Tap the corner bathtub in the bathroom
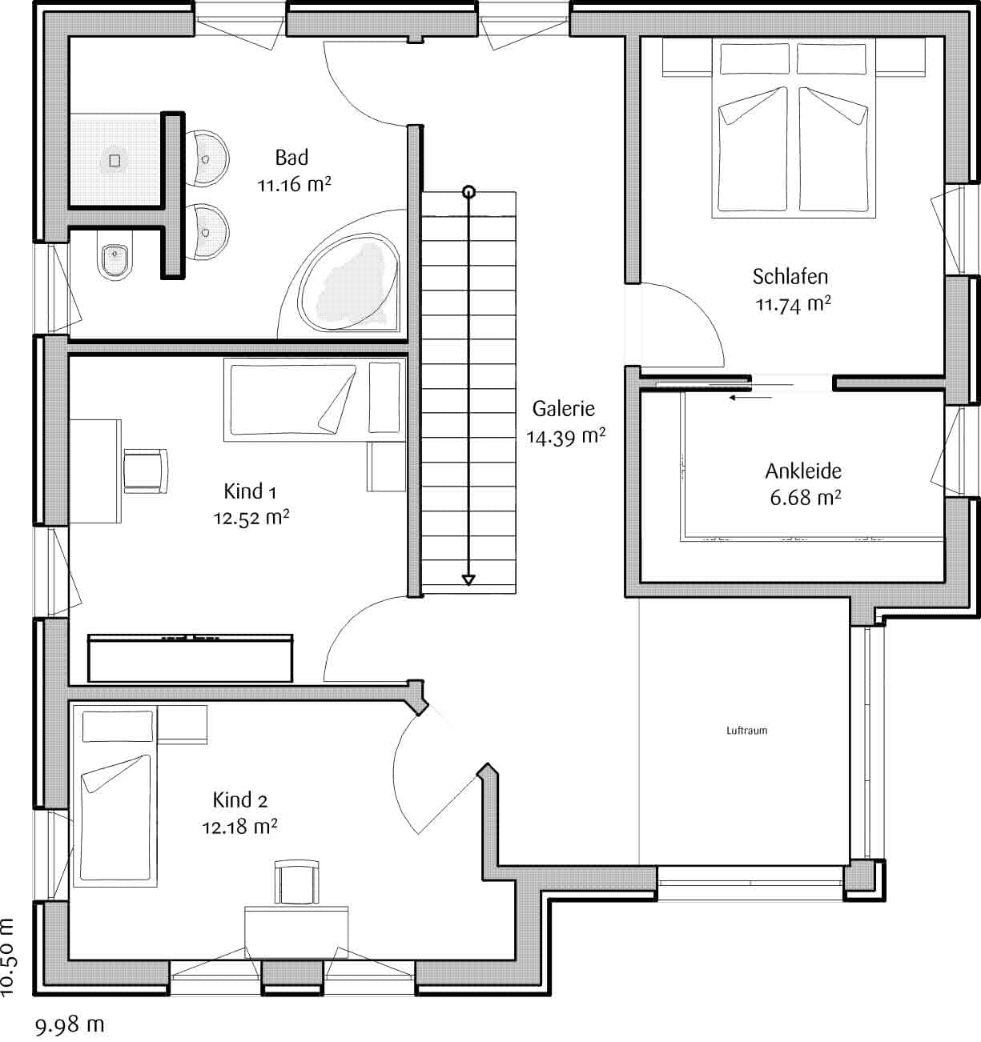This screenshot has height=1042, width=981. click(x=348, y=283)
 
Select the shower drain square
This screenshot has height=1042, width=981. click(x=115, y=161)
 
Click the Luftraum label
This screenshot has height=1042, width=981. click(x=747, y=731)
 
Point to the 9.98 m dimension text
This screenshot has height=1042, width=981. click(x=70, y=1024)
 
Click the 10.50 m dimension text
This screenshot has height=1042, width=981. click(x=8, y=957)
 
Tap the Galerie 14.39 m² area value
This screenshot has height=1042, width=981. click(x=566, y=436)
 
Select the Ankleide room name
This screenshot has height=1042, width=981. click(x=803, y=471)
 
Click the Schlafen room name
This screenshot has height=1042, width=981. click(x=790, y=276)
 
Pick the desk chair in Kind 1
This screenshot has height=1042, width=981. click(x=146, y=471)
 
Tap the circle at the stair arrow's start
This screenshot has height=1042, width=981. click(x=469, y=192)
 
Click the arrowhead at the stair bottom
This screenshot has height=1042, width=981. click(x=468, y=579)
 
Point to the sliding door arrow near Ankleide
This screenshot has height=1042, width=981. click(x=750, y=397)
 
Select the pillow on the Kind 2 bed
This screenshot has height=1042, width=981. click(x=117, y=727)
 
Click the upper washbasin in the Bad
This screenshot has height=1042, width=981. click(x=207, y=158)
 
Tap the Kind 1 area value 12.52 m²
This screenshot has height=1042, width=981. click(x=251, y=517)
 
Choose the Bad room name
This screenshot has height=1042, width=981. click(x=291, y=158)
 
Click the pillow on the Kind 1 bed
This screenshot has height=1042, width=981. click(x=384, y=397)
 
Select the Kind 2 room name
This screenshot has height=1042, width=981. click(x=240, y=800)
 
